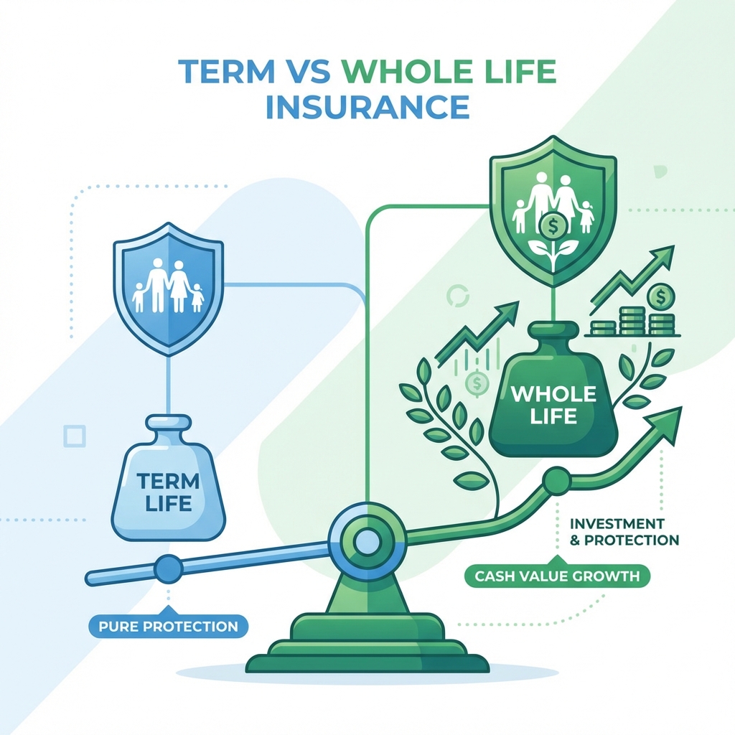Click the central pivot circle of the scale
pos(367,539)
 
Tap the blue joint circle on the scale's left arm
pos(167,568)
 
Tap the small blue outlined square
pos(75,435)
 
